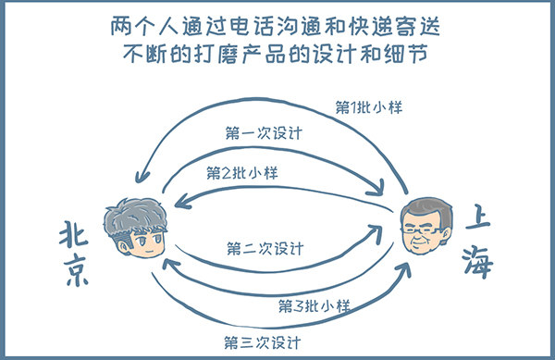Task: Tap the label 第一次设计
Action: (x=265, y=131)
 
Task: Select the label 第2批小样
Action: (x=243, y=173)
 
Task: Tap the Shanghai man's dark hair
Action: (x=428, y=209)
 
